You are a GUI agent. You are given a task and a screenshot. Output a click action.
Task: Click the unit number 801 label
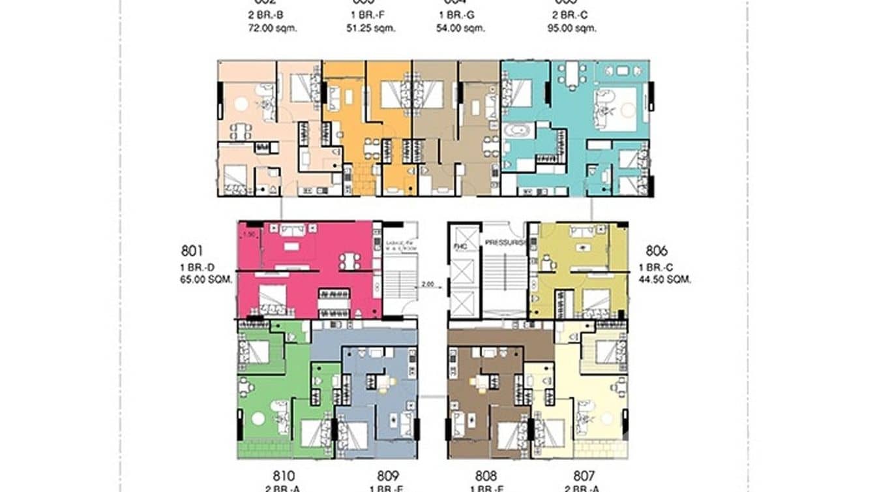[193, 251]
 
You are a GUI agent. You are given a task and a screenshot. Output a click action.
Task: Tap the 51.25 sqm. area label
[370, 28]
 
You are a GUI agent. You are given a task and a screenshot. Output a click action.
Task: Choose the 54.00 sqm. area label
[460, 28]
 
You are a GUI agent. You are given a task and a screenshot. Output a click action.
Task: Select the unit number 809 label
[387, 476]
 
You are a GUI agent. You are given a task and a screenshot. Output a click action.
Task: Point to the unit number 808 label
[486, 476]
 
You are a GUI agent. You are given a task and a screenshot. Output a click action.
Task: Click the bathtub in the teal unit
[519, 130]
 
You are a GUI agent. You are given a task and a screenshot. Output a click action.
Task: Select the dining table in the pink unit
[349, 261]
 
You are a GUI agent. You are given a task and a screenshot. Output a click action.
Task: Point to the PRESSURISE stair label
[504, 242]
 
